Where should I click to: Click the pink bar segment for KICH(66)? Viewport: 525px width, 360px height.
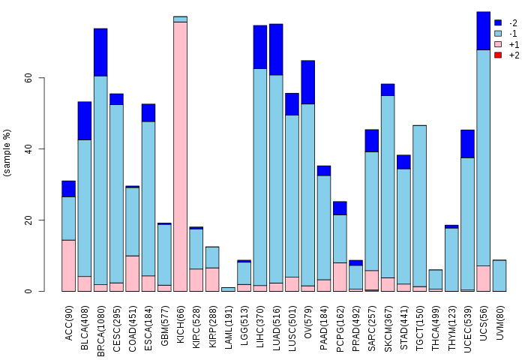[x=180, y=156]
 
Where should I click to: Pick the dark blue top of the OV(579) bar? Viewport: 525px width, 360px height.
[x=307, y=82]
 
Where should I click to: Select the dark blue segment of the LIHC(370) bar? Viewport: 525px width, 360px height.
[x=259, y=46]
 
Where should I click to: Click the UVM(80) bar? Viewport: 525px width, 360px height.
[x=499, y=275]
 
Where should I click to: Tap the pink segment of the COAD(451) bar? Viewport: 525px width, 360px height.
[x=132, y=273]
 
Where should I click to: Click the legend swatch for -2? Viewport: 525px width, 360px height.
[x=498, y=22]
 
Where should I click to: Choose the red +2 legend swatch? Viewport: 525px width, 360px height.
[x=498, y=55]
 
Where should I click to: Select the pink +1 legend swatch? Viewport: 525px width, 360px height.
[x=498, y=44]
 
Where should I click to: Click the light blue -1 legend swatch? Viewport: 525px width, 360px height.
[x=498, y=34]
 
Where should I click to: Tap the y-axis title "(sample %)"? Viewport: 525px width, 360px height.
[x=7, y=153]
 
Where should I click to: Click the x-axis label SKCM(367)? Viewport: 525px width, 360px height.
[x=388, y=322]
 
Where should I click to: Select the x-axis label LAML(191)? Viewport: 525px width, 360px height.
[x=228, y=322]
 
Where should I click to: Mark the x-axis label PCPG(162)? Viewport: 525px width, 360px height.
[x=340, y=322]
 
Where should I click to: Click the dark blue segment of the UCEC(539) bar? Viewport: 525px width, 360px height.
[x=467, y=143]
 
